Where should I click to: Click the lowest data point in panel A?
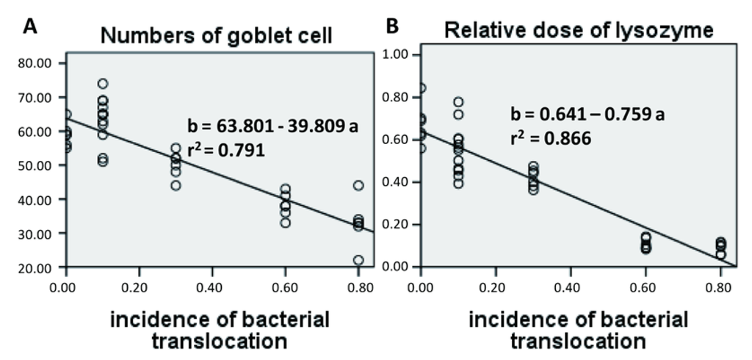[358, 261]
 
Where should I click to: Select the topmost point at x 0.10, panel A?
[103, 84]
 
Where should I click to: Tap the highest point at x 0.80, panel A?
[358, 186]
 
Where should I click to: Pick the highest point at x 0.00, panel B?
[420, 88]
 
